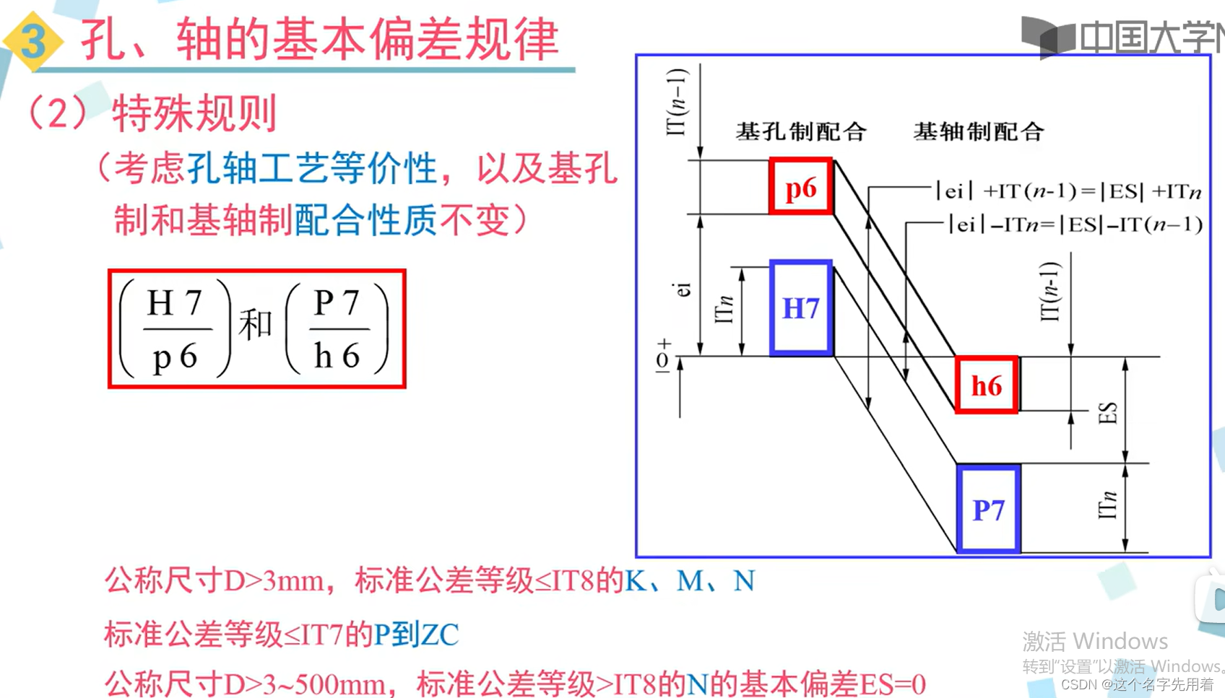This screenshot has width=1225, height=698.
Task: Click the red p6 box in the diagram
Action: [x=801, y=187]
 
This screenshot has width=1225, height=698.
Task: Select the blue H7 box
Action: [x=801, y=308]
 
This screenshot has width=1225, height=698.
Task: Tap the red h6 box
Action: [x=987, y=385]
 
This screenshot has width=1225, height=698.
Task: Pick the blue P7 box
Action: [x=988, y=510]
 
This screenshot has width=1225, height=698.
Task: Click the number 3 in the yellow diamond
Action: [x=33, y=40]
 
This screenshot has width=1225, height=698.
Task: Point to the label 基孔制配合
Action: [x=801, y=131]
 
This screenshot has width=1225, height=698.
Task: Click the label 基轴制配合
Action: [x=979, y=131]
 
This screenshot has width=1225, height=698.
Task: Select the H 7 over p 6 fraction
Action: [x=176, y=329]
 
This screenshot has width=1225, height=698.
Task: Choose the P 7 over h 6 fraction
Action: [x=337, y=329]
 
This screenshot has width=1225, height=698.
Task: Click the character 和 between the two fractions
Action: [x=256, y=325]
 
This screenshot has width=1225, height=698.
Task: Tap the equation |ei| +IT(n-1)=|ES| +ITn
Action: [x=1068, y=191]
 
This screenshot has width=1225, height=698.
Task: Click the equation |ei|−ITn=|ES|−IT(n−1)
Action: [x=1075, y=224]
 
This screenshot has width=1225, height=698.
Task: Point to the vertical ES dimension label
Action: [x=1107, y=414]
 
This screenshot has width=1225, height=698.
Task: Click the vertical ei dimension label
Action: [x=683, y=289]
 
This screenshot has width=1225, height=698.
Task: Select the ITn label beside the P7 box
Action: [x=1107, y=505]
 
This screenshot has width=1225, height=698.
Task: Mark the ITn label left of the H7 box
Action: [x=724, y=309]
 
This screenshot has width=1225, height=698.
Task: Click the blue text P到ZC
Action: [x=416, y=634]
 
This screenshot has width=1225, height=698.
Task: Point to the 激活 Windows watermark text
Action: [x=1095, y=641]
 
